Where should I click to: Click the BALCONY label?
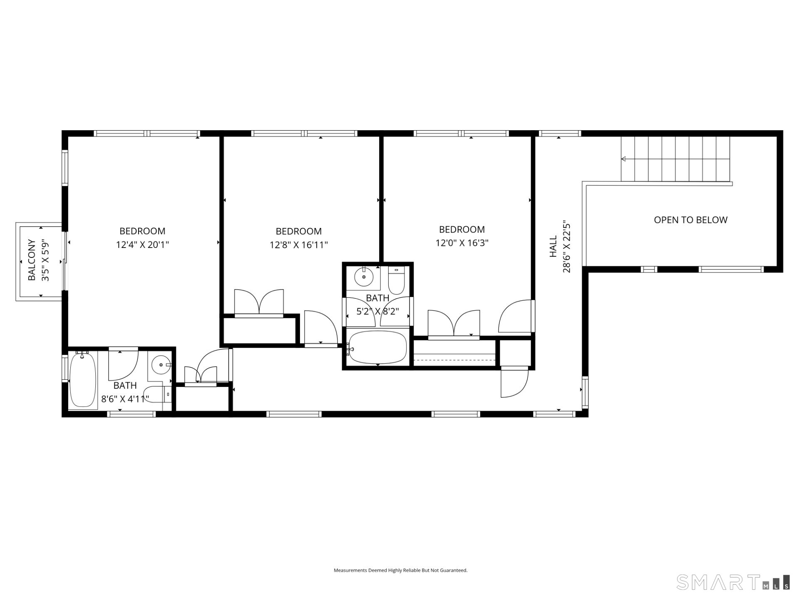[x=32, y=260]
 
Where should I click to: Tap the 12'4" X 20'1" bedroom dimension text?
[x=142, y=245]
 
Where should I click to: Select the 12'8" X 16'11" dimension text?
[x=298, y=245]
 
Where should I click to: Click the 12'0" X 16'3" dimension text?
[x=462, y=243]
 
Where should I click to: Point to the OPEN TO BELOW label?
[x=690, y=220]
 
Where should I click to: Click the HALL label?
[x=553, y=246]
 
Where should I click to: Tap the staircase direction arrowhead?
[x=623, y=159]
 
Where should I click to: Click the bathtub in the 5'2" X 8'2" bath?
[x=377, y=347]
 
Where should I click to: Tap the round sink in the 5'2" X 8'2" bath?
[x=364, y=277]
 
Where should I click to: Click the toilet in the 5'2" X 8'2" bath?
[x=396, y=280]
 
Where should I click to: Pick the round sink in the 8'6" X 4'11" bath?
[x=161, y=365]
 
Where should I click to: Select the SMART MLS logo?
[x=732, y=582]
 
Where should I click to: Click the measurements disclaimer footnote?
[x=400, y=570]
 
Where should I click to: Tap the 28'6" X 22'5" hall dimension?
[x=566, y=246]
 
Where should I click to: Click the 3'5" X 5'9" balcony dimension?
[x=45, y=260]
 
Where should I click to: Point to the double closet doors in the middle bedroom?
[x=259, y=303]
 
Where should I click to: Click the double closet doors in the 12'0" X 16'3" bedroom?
[x=454, y=324]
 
